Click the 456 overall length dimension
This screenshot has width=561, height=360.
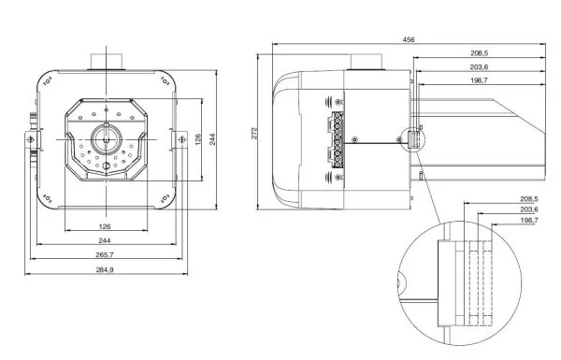point(409,39)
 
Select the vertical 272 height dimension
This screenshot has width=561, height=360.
point(254,133)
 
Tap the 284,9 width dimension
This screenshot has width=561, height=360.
point(105,269)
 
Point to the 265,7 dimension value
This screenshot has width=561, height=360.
point(105,254)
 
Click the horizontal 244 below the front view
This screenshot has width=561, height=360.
point(104,240)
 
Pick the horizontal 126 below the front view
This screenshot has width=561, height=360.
point(105,226)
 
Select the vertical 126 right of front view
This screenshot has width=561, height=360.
point(198,139)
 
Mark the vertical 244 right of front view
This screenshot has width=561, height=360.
point(212,139)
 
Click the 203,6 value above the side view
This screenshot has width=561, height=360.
point(479,67)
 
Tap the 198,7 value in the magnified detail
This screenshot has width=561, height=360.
point(529,221)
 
